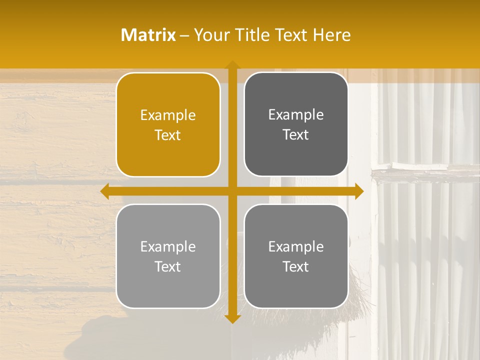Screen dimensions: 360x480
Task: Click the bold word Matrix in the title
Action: [x=148, y=35]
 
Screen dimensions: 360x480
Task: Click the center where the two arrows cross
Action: [x=232, y=191]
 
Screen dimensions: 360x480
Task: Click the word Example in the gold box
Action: [x=168, y=115]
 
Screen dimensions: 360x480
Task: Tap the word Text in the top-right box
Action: [x=296, y=134]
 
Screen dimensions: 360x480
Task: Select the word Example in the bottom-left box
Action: [x=168, y=246]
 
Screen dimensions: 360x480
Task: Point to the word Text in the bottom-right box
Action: [x=296, y=266]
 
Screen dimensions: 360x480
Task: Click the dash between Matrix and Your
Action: [x=184, y=35]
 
